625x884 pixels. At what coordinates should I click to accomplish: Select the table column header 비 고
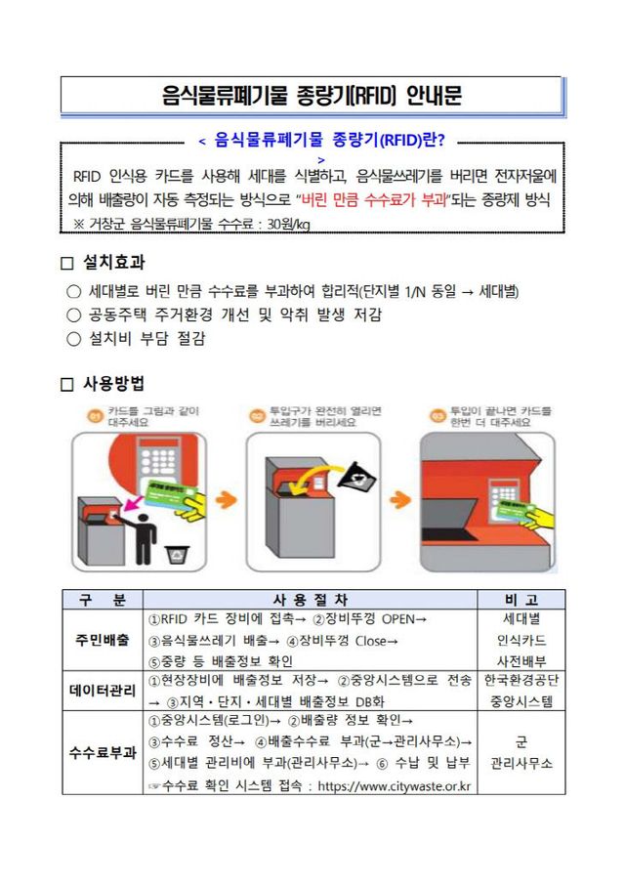click(x=521, y=599)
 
